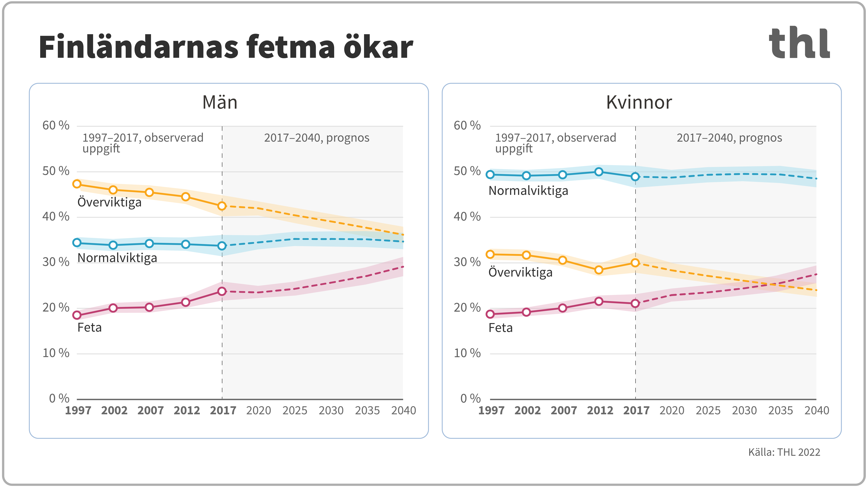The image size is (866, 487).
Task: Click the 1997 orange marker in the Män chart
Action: (x=77, y=184)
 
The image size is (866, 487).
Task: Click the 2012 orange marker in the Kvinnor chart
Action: (x=599, y=270)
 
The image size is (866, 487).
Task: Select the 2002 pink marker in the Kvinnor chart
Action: (x=526, y=312)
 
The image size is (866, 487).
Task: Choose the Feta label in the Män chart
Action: (x=89, y=327)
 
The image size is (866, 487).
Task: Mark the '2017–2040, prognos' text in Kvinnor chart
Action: (x=729, y=138)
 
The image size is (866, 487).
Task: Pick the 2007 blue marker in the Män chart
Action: (x=150, y=243)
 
